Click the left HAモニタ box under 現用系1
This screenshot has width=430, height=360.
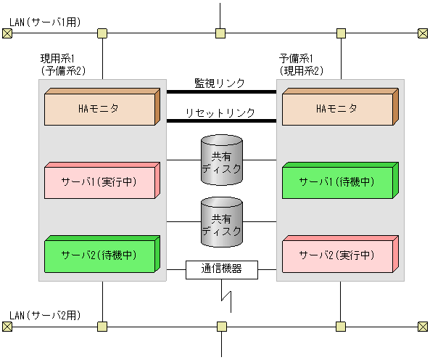99,110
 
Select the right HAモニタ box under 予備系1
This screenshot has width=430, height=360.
336,110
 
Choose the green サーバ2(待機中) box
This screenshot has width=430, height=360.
99,255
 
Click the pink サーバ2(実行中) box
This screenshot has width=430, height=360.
336,255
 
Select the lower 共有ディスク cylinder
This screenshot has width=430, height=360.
221,222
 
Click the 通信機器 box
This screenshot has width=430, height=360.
221,269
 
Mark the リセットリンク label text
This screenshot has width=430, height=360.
220,112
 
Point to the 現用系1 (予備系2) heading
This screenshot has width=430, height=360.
63,65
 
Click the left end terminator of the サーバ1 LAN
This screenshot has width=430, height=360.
7,33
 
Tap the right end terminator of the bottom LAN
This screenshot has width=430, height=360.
423,327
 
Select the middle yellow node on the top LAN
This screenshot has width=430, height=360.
220,33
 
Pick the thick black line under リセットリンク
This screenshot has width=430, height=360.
221,121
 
